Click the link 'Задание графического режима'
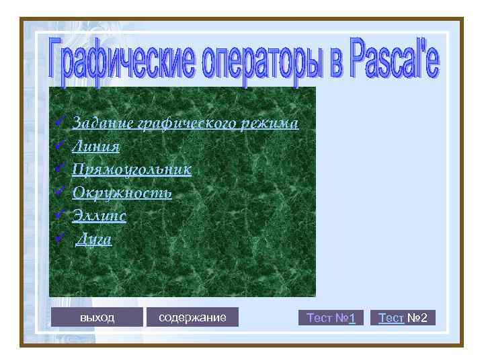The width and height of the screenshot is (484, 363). pyautogui.click(x=185, y=123)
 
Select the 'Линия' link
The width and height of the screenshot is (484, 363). pyautogui.click(x=96, y=147)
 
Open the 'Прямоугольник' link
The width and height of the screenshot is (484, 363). pyautogui.click(x=132, y=169)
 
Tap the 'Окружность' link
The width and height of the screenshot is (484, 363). pyautogui.click(x=122, y=193)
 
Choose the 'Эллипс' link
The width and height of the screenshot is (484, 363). pyautogui.click(x=99, y=216)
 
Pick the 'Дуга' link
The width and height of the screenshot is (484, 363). pyautogui.click(x=94, y=239)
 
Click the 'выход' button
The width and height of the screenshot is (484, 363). pyautogui.click(x=97, y=317)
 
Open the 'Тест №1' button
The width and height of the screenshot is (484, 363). pyautogui.click(x=331, y=317)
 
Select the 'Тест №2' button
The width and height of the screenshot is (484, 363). pyautogui.click(x=403, y=317)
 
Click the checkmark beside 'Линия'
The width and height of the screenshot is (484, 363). pyautogui.click(x=59, y=146)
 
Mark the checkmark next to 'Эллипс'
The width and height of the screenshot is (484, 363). pyautogui.click(x=59, y=215)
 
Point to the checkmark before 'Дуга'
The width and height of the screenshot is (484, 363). pyautogui.click(x=59, y=238)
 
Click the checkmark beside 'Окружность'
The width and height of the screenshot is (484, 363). pyautogui.click(x=59, y=192)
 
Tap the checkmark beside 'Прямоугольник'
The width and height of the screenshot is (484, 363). pyautogui.click(x=59, y=169)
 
